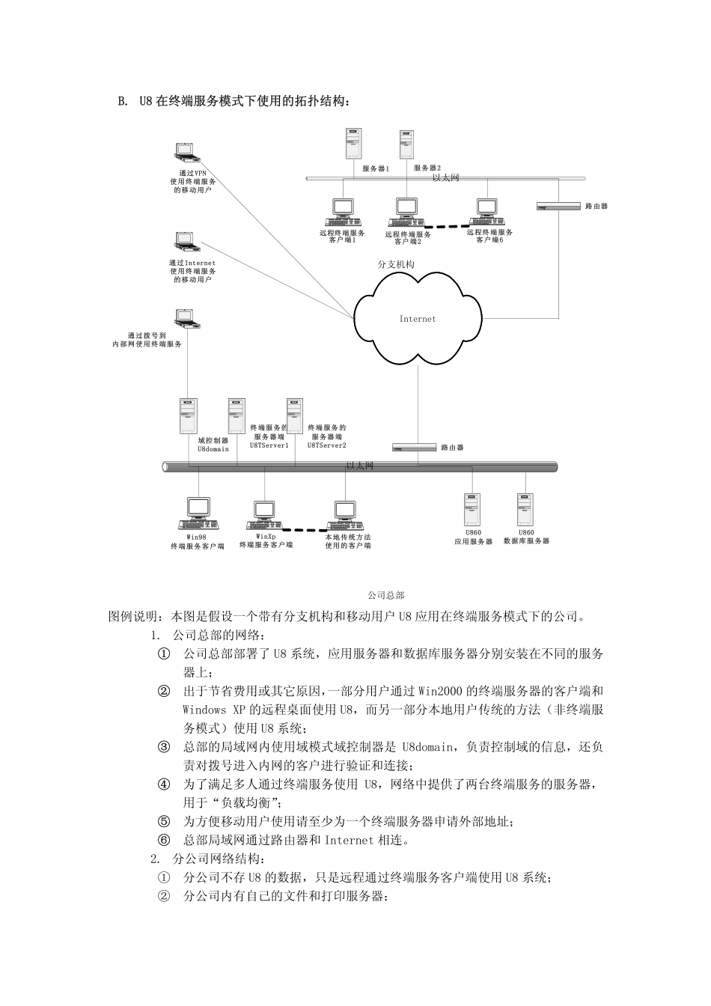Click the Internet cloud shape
click(x=418, y=320)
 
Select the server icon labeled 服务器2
click(x=406, y=144)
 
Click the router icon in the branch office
click(x=559, y=205)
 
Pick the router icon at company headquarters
click(x=414, y=447)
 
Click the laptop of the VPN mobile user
click(x=186, y=152)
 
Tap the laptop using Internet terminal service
click(x=185, y=241)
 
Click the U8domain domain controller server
click(x=188, y=416)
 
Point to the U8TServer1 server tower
click(x=237, y=416)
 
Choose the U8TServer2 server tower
click(x=295, y=416)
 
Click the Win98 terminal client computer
click(x=198, y=513)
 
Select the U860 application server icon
click(x=472, y=510)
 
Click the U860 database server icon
click(x=526, y=510)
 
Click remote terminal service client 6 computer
click(x=487, y=212)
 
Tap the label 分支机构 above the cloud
click(x=396, y=264)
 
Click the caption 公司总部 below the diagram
click(x=386, y=595)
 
